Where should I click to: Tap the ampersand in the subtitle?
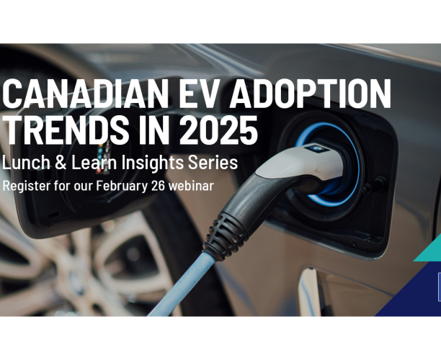pos(63,163)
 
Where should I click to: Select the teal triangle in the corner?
pos(430,250)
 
